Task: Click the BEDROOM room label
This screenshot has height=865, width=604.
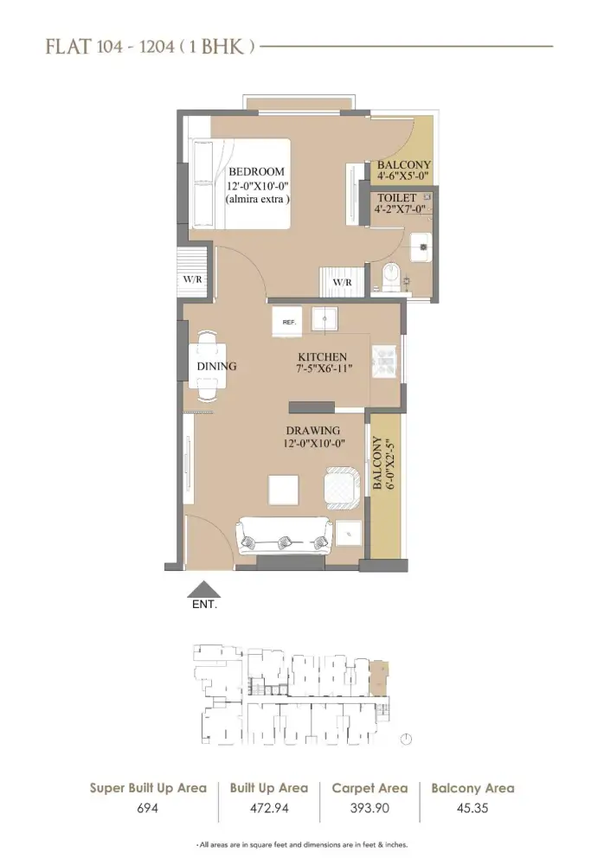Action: [x=256, y=171]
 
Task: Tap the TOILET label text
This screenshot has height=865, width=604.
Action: [x=396, y=198]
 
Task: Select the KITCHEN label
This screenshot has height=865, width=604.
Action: [x=322, y=357]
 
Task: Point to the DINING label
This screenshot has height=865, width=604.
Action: [x=216, y=366]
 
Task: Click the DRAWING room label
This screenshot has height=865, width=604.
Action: [x=313, y=431]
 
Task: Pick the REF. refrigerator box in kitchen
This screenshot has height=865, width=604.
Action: [x=289, y=321]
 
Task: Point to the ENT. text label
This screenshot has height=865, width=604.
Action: [x=205, y=605]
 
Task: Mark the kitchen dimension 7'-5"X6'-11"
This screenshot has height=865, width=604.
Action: [x=322, y=370]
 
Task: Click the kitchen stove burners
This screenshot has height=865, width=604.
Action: [x=383, y=362]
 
